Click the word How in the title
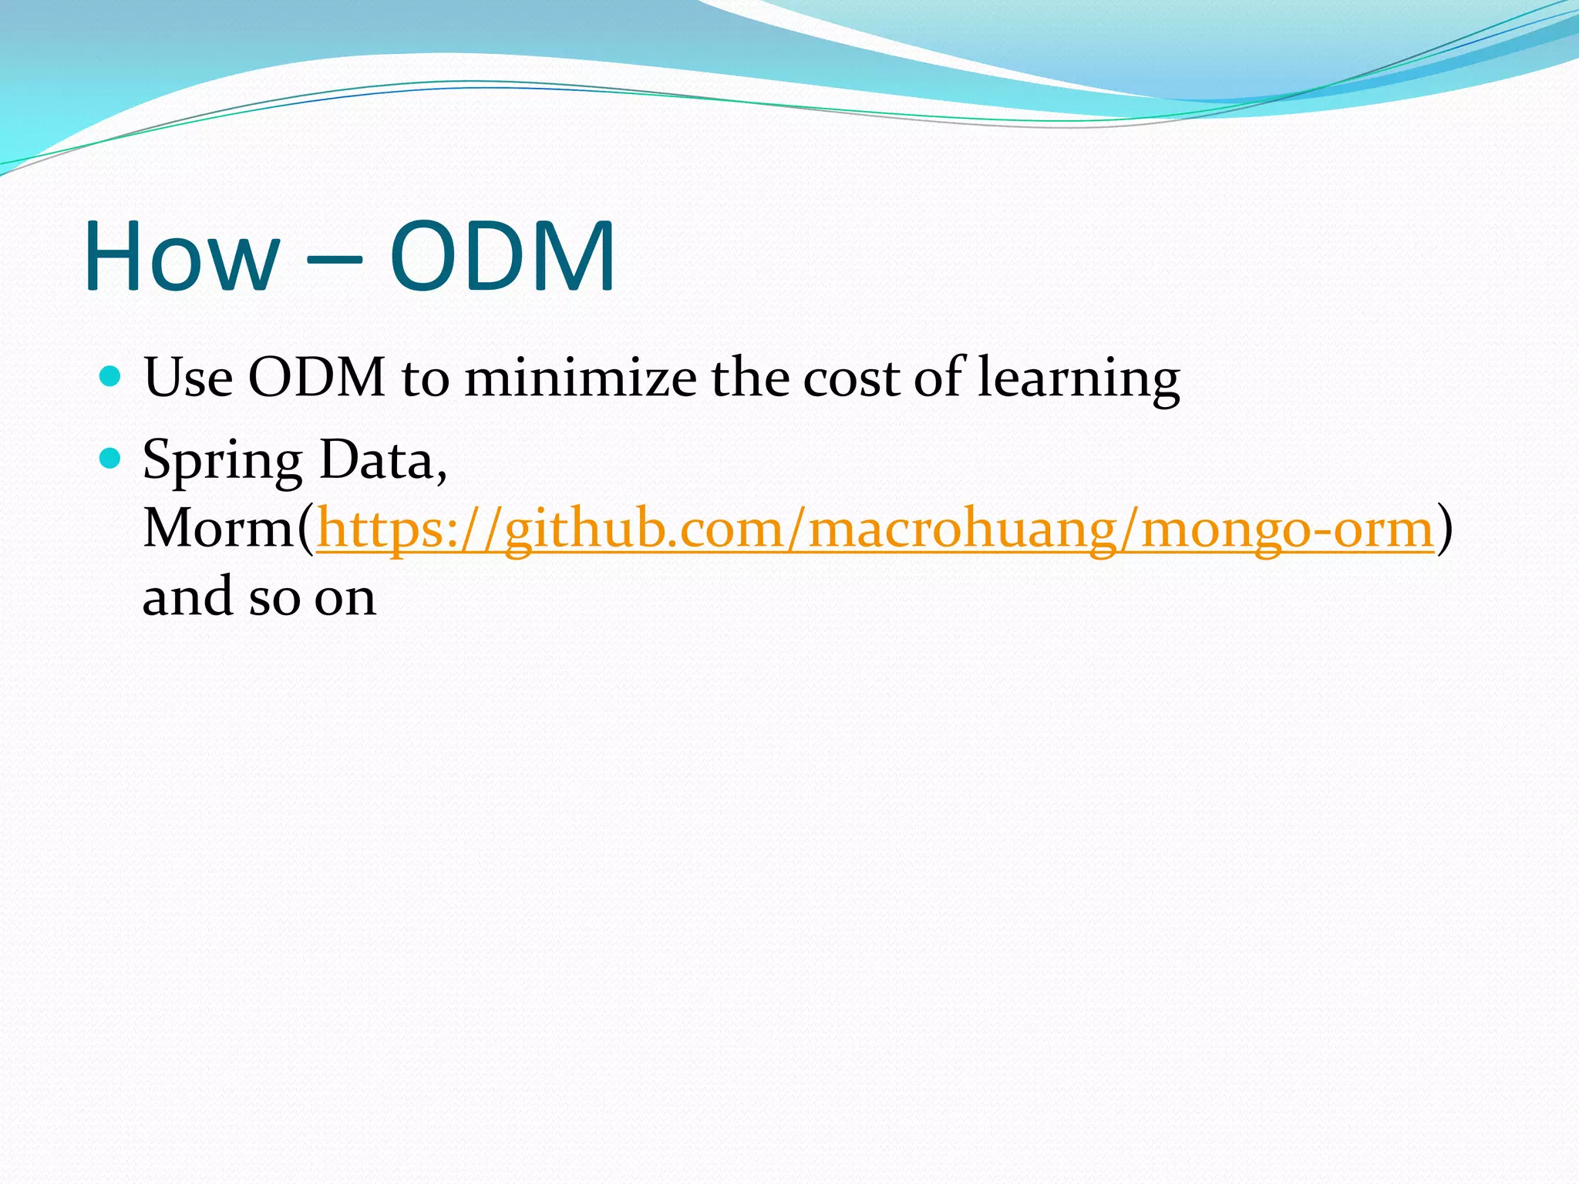(182, 257)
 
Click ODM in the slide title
(503, 257)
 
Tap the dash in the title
(334, 261)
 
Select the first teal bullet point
(111, 377)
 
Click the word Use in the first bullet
(188, 378)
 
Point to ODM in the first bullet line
(316, 378)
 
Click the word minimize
(580, 378)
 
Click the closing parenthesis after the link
(1445, 530)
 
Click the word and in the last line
(187, 597)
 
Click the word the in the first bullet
(748, 378)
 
